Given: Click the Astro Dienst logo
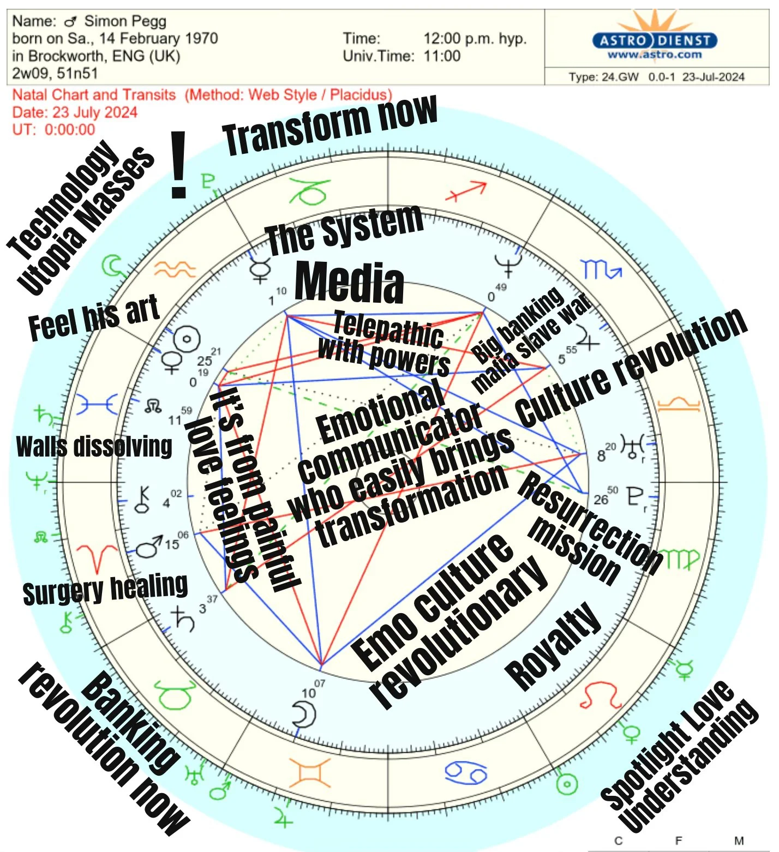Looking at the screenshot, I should point(654,41).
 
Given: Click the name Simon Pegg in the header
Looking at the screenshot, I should point(125,21).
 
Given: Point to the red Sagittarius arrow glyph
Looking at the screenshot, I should point(466,191).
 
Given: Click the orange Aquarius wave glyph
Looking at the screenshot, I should point(175,268).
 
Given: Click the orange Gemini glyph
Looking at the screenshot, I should point(310,773).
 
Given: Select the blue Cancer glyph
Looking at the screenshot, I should point(465,772).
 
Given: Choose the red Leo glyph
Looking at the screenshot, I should point(601,696).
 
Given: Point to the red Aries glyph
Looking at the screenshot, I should point(98,557).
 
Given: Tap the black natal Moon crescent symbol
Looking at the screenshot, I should point(304,714).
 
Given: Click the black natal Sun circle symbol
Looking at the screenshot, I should point(187,339).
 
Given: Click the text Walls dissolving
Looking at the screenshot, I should point(94,447).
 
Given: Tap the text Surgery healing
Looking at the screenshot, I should point(105,589).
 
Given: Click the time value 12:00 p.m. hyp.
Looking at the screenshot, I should point(475,39).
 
